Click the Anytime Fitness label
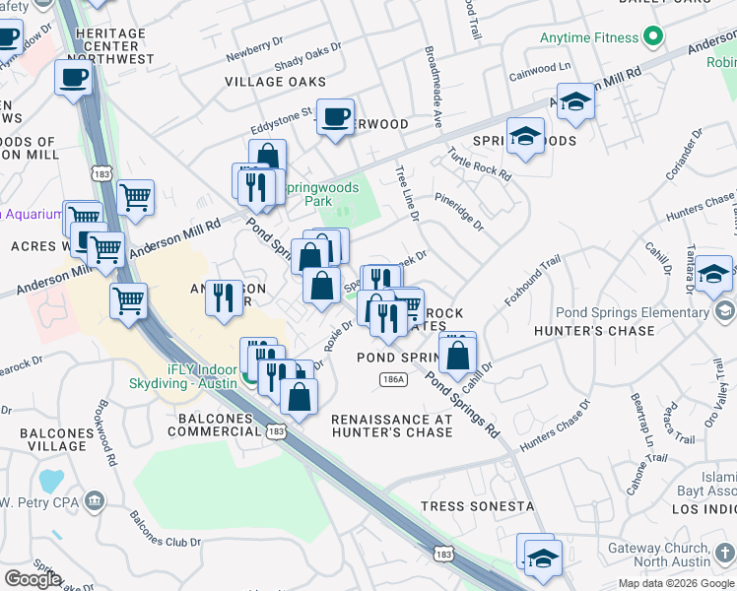(x=589, y=38)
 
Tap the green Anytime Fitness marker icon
(x=651, y=38)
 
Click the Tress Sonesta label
(x=477, y=506)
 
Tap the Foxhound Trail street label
(x=532, y=279)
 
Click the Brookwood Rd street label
(x=107, y=431)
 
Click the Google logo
(x=32, y=579)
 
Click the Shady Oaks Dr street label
(x=308, y=55)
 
